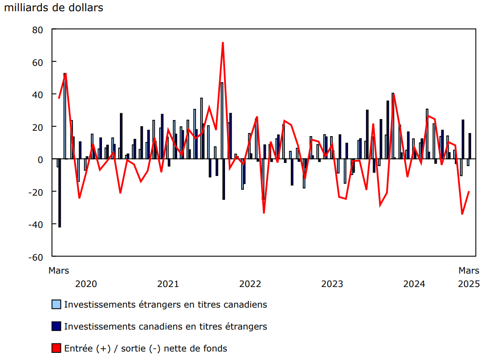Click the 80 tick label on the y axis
coord(37,30)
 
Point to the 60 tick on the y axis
coord(37,62)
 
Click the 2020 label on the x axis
coord(86,284)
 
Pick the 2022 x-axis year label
coord(250,284)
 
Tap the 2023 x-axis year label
coord(332,284)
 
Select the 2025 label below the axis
coord(469,284)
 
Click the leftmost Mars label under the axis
coord(59,270)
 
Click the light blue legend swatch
coord(56,304)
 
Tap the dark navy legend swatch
coord(56,326)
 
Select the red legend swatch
coord(56,348)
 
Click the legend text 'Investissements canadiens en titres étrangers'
coord(166,326)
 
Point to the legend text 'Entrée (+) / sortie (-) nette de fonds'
coord(146,348)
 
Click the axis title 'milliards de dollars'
coord(54,8)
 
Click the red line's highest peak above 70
coord(223,43)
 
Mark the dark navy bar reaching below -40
coord(59,193)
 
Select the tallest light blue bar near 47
coord(222,121)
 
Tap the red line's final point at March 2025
coord(469,192)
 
